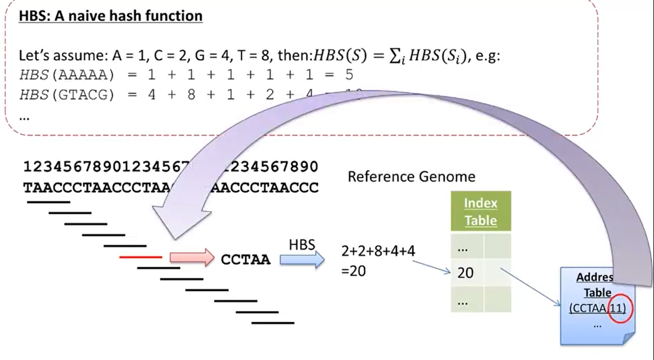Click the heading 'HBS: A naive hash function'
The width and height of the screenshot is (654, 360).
tap(110, 16)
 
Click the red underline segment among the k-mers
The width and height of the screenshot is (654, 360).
tap(141, 258)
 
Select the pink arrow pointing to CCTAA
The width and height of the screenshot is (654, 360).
tap(192, 258)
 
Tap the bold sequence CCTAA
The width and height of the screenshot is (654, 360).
tap(246, 260)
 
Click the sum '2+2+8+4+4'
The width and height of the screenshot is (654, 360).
tap(378, 251)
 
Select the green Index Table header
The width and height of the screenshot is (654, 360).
tap(480, 211)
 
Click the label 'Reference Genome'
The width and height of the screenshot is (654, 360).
tap(411, 177)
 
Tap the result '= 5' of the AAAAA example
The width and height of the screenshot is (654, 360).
tap(341, 75)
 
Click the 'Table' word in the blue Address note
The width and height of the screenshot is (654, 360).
tap(597, 292)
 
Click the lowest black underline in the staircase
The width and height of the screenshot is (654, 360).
tap(273, 323)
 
